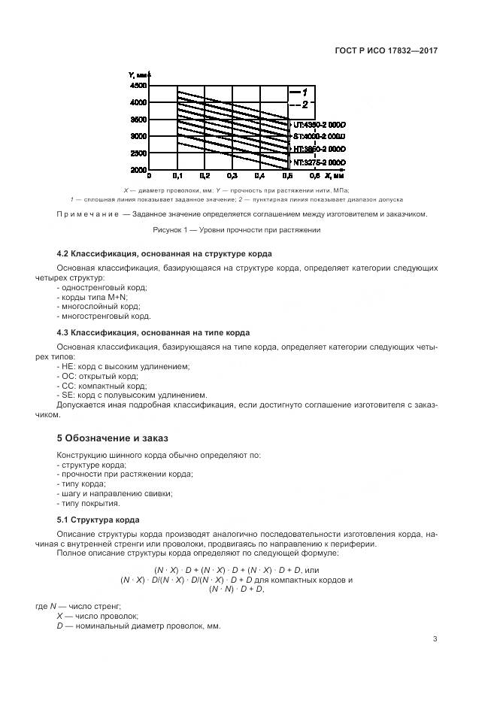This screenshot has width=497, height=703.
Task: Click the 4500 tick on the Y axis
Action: coord(138,85)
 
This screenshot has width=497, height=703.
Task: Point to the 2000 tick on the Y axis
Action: coord(138,170)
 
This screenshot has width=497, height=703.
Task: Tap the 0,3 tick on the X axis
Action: coord(232,176)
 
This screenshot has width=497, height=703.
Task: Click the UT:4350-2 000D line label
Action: coord(318,123)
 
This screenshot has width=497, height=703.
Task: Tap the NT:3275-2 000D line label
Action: coord(318,162)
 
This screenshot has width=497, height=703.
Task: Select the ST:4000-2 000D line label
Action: coord(318,136)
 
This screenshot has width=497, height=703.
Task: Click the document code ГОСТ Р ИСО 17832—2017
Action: coord(386,50)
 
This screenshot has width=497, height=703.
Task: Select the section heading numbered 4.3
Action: coord(154,332)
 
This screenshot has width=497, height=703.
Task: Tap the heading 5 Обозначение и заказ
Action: coord(113,438)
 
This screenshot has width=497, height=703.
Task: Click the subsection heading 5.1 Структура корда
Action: coord(98,520)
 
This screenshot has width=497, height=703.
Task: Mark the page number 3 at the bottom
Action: coord(435,640)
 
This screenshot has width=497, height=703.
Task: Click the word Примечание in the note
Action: coord(86,214)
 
